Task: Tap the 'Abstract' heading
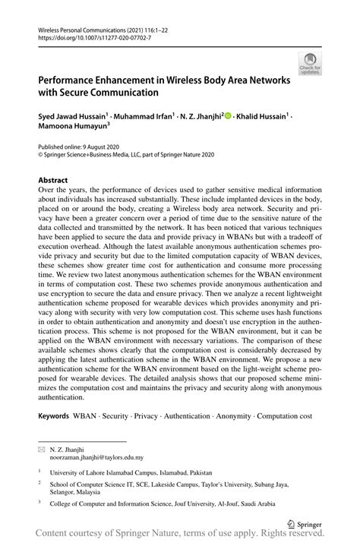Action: [53, 180]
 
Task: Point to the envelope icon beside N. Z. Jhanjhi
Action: [42, 449]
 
